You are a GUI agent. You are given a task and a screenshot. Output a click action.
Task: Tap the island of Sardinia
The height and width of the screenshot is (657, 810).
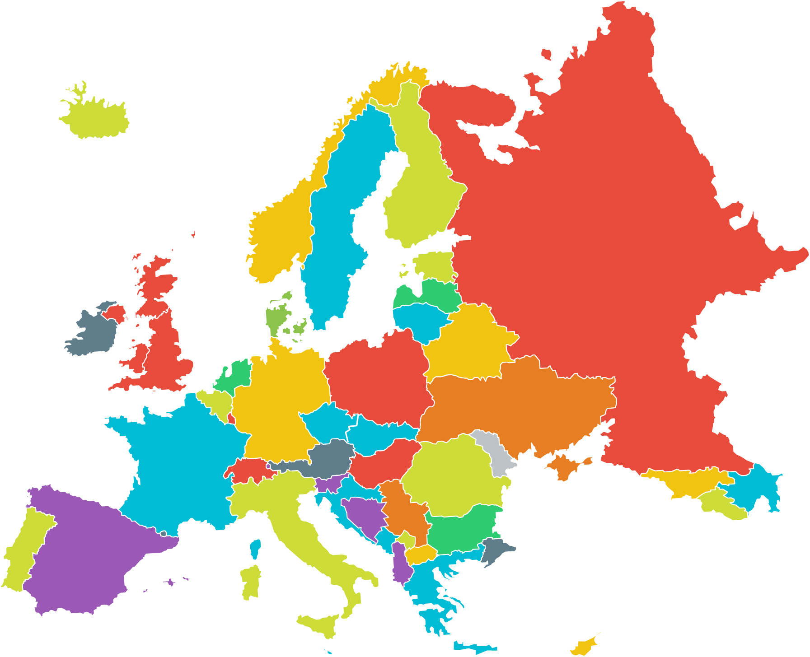coord(251,582)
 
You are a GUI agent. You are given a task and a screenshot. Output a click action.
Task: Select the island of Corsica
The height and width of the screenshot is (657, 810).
coord(256,549)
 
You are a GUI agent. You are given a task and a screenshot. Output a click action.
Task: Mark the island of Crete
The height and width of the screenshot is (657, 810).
coord(474,647)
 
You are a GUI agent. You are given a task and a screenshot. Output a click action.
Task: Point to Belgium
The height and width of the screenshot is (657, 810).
coord(217,402)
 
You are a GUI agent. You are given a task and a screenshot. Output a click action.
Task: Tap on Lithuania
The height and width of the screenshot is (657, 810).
coord(418,318)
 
